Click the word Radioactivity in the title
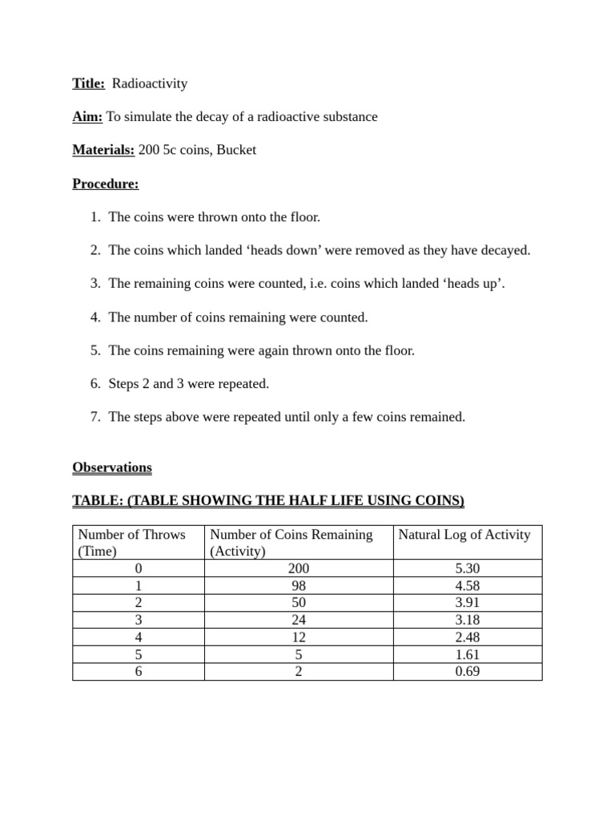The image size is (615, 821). (x=149, y=83)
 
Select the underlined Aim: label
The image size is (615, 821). (x=87, y=117)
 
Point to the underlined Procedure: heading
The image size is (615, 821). (x=105, y=184)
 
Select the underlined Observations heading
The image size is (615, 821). (x=111, y=467)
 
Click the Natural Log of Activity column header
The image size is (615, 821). (x=464, y=535)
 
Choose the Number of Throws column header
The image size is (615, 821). (x=131, y=535)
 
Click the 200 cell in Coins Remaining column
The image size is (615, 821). (x=298, y=568)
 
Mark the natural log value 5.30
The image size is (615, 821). (x=467, y=568)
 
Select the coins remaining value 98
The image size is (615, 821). (x=298, y=586)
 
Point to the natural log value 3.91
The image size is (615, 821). (x=467, y=603)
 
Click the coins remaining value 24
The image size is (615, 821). (x=298, y=620)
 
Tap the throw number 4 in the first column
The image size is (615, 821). (x=139, y=637)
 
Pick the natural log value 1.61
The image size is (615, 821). (x=467, y=654)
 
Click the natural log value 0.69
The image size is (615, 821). (x=467, y=672)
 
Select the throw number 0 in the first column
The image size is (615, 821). (x=139, y=568)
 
